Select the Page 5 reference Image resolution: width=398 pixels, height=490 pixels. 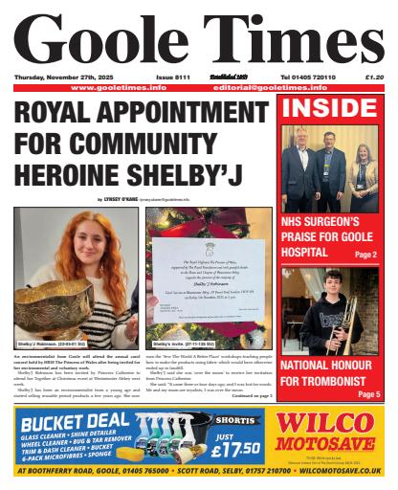[x=368, y=393]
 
